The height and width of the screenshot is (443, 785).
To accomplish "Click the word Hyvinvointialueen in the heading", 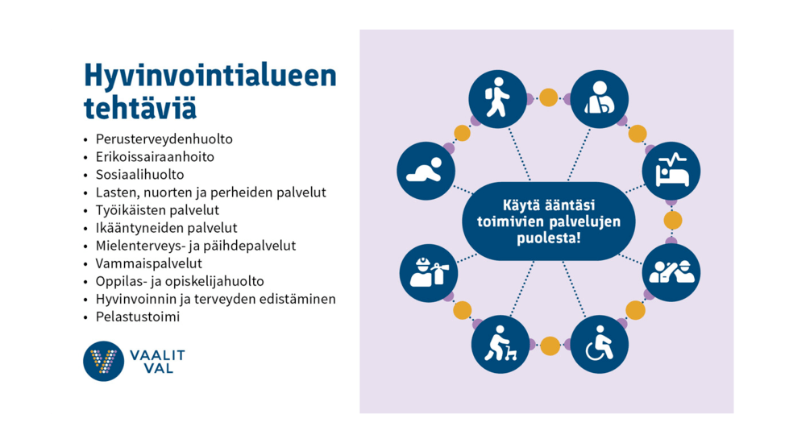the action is point(210,76).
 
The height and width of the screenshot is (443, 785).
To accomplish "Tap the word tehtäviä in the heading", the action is point(139,108).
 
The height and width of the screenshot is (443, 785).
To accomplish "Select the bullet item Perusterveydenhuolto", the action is point(164,139).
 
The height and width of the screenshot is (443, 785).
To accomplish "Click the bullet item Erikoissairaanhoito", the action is point(155,157).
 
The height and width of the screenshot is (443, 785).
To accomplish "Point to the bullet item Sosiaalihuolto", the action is point(139,174).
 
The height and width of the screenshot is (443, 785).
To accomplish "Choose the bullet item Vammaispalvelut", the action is point(148,263).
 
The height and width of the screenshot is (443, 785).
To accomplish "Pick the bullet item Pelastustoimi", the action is point(138,317).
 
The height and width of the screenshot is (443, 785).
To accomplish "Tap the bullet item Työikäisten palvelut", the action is point(157,209).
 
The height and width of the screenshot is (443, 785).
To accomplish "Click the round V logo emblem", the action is point(104,361).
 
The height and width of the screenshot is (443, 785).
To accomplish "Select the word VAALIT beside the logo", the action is point(157,355).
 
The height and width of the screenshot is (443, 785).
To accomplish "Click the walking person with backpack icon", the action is point(497,98).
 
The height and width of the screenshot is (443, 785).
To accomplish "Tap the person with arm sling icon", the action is point(600,98).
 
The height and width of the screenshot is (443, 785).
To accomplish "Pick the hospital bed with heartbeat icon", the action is point(671,171).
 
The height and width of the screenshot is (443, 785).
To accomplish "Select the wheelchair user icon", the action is point(600,345).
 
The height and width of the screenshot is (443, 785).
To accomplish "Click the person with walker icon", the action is point(500,345).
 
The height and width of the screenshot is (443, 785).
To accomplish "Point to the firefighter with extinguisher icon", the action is point(429,273).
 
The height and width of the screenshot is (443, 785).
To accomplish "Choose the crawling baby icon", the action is point(426,171).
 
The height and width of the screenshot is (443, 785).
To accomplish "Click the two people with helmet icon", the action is point(671,272).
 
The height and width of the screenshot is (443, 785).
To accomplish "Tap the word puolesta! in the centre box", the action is point(549,238).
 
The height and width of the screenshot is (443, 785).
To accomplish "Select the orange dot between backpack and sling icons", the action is point(549,97).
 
